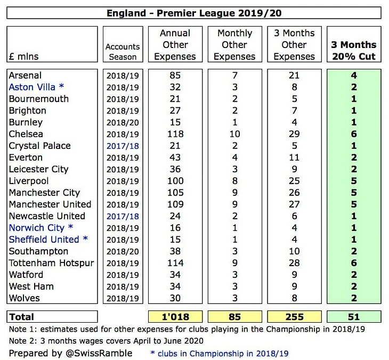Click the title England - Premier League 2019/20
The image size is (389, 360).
[194, 13]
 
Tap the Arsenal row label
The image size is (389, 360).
[25, 76]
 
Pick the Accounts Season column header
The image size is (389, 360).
[123, 52]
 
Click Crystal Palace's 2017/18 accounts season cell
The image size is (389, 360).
[123, 146]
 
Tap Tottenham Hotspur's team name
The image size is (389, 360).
[51, 263]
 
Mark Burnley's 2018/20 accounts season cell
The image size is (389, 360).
[123, 122]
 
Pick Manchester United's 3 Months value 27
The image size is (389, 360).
[294, 204]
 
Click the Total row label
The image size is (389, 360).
[22, 317]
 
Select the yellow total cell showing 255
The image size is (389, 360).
[294, 317]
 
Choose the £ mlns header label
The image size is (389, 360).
[24, 56]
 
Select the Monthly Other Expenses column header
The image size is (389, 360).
[235, 45]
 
